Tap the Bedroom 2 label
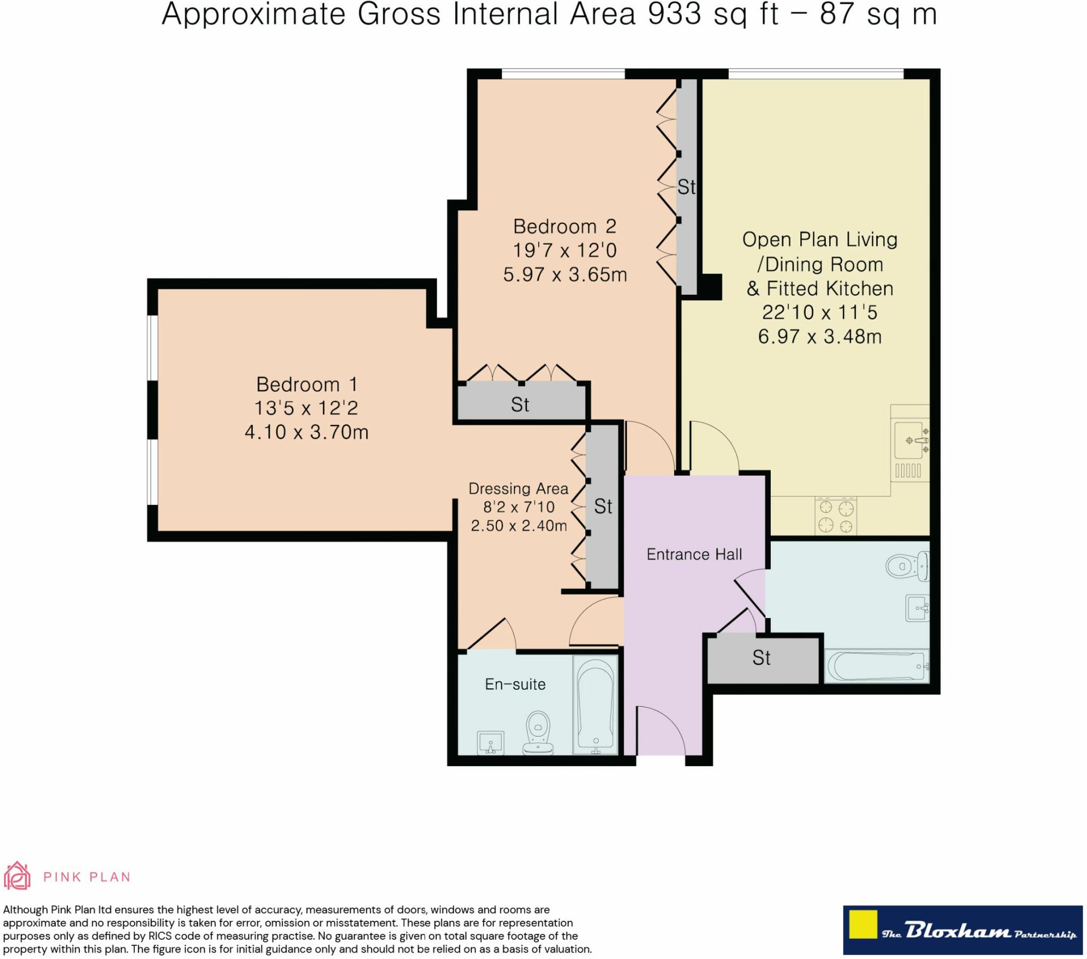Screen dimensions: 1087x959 (564, 227)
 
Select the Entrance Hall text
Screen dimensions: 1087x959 (694, 554)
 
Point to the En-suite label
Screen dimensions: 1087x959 (515, 684)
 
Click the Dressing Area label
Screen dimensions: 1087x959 (519, 489)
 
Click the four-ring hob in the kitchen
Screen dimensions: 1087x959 (835, 516)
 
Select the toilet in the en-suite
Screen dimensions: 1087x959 (538, 733)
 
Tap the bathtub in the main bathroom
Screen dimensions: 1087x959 (877, 666)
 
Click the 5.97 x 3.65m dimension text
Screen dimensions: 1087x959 (565, 275)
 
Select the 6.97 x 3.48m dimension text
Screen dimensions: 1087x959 (819, 336)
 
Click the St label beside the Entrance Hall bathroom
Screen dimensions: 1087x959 (762, 658)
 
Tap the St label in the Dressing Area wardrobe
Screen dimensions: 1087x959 (603, 506)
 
